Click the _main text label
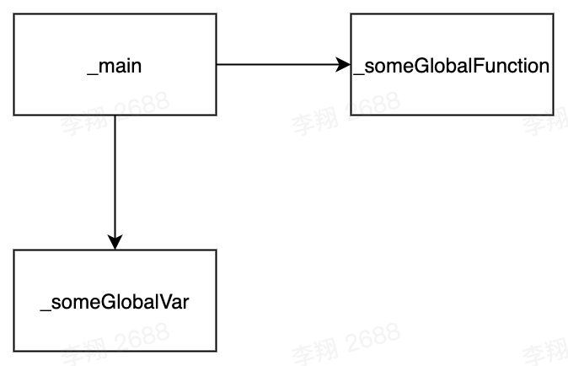click(114, 66)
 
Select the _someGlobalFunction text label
click(452, 66)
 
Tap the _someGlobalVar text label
click(114, 302)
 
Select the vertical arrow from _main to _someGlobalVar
click(115, 177)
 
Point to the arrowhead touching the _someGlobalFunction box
click(343, 65)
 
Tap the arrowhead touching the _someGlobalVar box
click(115, 241)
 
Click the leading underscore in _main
click(91, 71)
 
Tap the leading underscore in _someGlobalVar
click(45, 307)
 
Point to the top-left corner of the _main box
click(13, 14)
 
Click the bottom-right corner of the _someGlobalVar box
click(216, 351)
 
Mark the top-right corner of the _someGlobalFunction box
click(553, 14)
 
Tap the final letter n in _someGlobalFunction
click(544, 67)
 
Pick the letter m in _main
click(104, 67)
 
